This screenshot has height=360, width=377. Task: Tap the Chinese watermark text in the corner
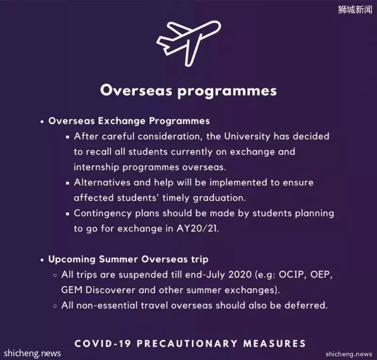tap(355, 9)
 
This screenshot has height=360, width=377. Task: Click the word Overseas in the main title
tap(136, 91)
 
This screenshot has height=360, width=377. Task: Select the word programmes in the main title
tap(227, 92)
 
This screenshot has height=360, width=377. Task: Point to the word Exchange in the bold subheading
tap(122, 121)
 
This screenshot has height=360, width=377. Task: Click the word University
tap(247, 136)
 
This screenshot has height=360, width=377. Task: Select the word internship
tap(97, 167)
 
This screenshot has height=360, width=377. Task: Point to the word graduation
tap(219, 198)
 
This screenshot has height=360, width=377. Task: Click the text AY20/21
tap(197, 228)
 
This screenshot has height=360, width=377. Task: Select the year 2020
tap(240, 275)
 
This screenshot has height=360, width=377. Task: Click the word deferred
tap(306, 305)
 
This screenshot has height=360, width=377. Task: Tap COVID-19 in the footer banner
tap(103, 343)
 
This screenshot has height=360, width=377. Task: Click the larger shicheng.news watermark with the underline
tap(32, 353)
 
